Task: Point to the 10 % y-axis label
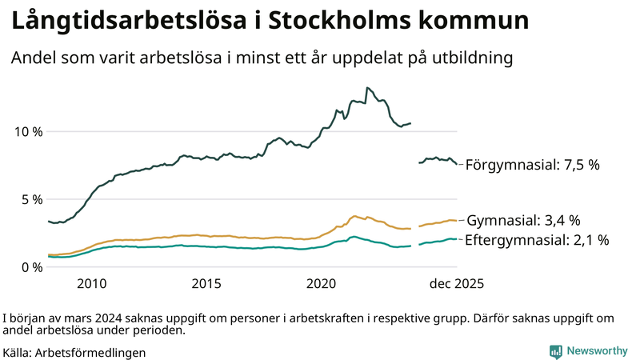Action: (x=26, y=131)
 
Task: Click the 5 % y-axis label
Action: (x=30, y=199)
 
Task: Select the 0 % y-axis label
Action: (x=30, y=267)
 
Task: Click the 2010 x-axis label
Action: (x=91, y=284)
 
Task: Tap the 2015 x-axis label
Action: (x=206, y=284)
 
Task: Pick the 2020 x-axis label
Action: (x=322, y=284)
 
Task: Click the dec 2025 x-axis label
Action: (x=457, y=284)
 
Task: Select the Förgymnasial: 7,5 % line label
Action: (x=532, y=165)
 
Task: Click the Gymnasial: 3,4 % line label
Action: (x=523, y=220)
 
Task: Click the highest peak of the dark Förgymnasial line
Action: (x=366, y=87)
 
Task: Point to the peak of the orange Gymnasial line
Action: (x=354, y=216)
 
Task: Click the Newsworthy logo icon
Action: (x=555, y=351)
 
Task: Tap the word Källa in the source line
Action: (x=18, y=352)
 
